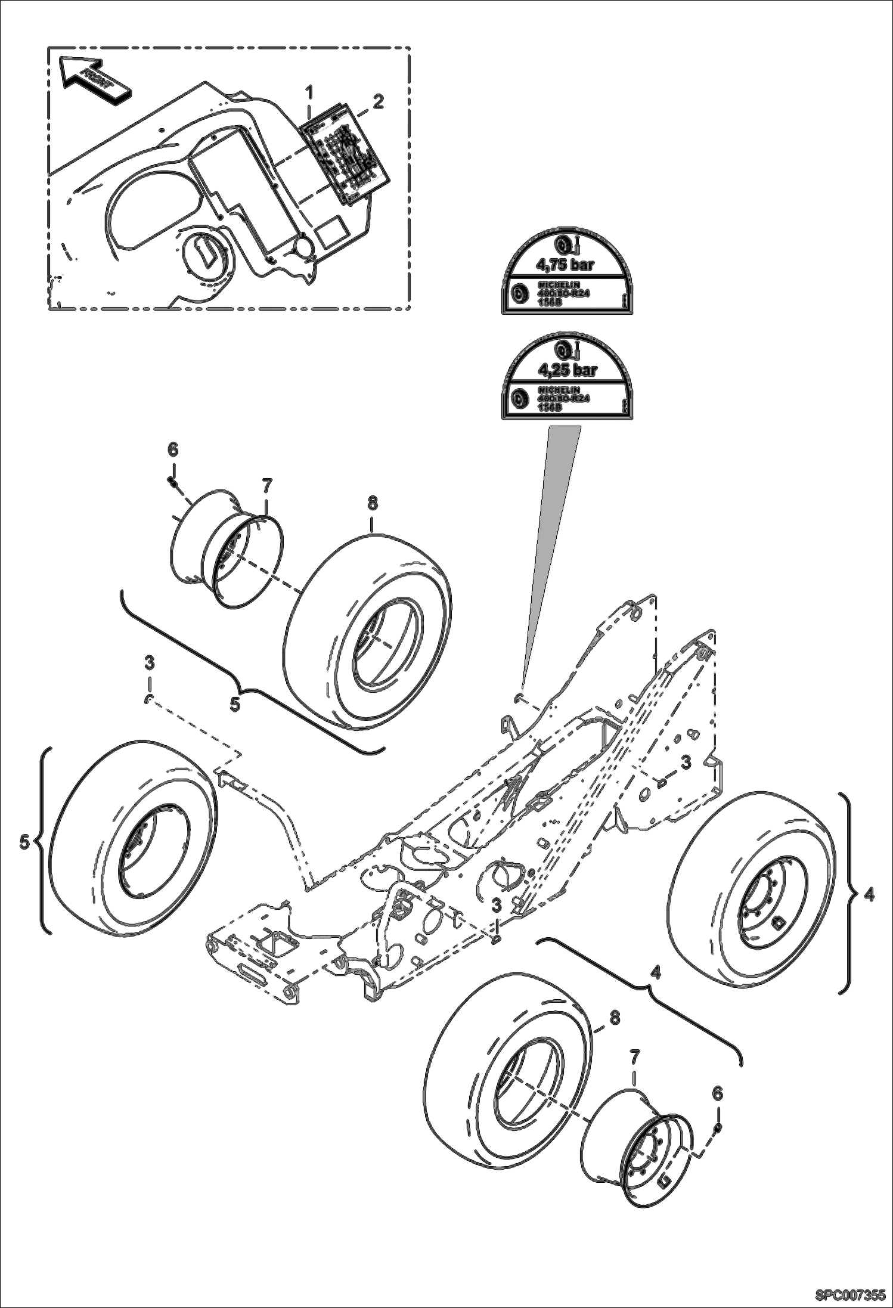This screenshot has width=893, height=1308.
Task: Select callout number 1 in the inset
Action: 309,93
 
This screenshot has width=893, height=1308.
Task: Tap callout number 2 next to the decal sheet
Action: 378,101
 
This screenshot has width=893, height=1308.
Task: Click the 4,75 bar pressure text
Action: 566,263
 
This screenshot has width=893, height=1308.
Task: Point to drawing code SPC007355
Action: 849,1293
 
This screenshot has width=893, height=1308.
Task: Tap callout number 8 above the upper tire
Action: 372,505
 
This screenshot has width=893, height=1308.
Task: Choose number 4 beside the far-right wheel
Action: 870,894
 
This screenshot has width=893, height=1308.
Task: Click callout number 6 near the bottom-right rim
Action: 717,1093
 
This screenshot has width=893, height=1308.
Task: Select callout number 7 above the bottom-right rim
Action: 634,1057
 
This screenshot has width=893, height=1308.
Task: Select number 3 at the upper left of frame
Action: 149,662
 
